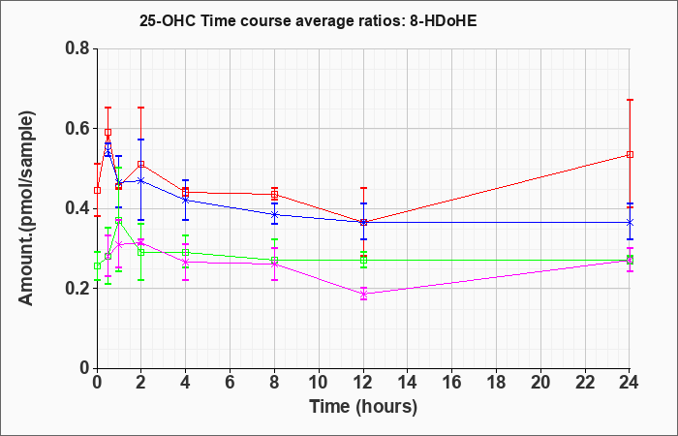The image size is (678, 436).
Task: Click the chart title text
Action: (308, 20)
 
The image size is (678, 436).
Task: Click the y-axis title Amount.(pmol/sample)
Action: (27, 208)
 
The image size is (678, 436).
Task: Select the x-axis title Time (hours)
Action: (363, 407)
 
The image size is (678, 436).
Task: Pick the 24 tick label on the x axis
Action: (630, 383)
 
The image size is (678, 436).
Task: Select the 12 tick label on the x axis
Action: (363, 383)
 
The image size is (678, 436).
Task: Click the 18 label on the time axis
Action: (496, 383)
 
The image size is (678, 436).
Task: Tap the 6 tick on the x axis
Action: (231, 383)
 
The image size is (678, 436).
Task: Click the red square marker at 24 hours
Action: (630, 154)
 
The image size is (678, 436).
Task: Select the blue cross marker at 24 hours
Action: (630, 222)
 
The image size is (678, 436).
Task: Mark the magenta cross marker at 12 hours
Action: (363, 295)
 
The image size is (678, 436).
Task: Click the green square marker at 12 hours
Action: (363, 261)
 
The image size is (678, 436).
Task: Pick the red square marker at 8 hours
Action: (274, 194)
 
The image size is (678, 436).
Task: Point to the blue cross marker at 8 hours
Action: (274, 214)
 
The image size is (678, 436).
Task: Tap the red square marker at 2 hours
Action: (141, 165)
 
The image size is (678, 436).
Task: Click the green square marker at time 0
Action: (97, 266)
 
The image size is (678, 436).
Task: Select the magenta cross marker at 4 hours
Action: (186, 262)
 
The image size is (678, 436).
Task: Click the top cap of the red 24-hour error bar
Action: (630, 100)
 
